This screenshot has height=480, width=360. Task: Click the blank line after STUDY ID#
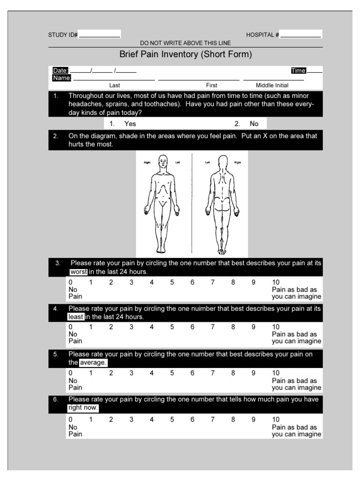[99, 35]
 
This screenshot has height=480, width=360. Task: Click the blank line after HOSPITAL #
[301, 35]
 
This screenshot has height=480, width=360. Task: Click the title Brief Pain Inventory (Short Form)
[186, 54]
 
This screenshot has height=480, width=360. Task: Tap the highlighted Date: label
[60, 70]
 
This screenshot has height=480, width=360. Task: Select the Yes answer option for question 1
[130, 124]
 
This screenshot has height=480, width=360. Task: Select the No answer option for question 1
[254, 124]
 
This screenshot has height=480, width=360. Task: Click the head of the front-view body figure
[162, 162]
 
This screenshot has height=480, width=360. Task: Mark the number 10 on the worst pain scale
[276, 283]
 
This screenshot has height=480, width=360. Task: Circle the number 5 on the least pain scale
[172, 327]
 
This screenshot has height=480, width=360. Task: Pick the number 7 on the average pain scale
[212, 374]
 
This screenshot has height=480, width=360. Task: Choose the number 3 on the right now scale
[131, 420]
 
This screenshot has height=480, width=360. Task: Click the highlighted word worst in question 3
[78, 272]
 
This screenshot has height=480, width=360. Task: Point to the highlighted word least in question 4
[75, 317]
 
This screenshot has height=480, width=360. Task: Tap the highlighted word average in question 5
[93, 363]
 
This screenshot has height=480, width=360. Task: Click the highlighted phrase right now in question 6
[82, 408]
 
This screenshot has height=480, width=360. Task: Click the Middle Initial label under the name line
[272, 85]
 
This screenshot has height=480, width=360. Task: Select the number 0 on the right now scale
[71, 420]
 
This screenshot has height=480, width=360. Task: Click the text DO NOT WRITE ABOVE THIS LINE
[185, 43]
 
